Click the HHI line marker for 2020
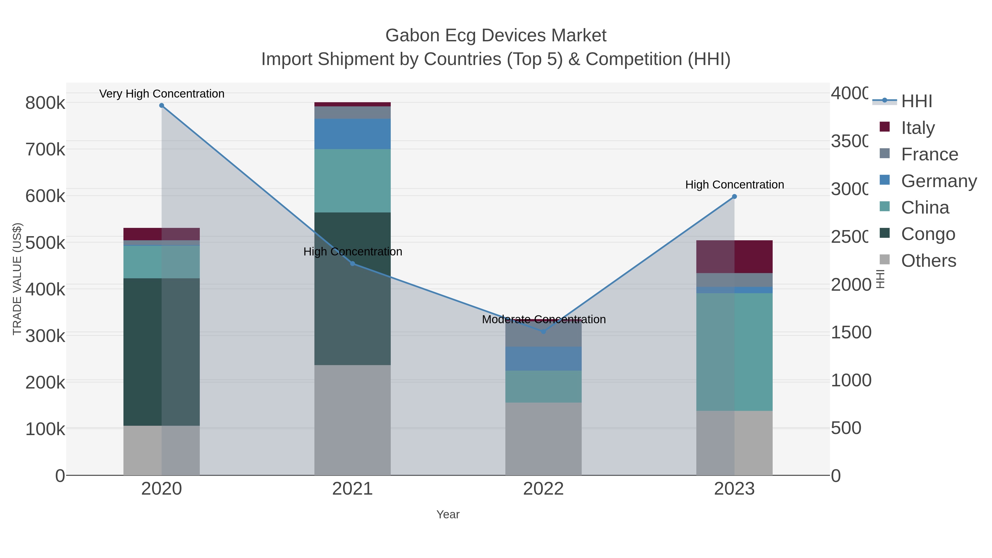click(x=162, y=106)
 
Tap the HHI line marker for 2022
click(x=543, y=331)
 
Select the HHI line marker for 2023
click(x=734, y=196)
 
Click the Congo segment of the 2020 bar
click(x=161, y=352)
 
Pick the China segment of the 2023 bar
click(x=734, y=352)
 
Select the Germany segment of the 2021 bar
click(x=352, y=134)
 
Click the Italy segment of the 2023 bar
click(x=734, y=257)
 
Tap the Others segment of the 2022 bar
click(x=543, y=439)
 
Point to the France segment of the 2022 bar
click(x=543, y=335)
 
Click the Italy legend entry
click(x=918, y=128)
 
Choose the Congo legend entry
click(x=928, y=234)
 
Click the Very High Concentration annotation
click(x=162, y=94)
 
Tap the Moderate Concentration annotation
click(x=543, y=319)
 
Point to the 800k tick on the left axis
click(x=45, y=103)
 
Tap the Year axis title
click(x=448, y=514)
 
